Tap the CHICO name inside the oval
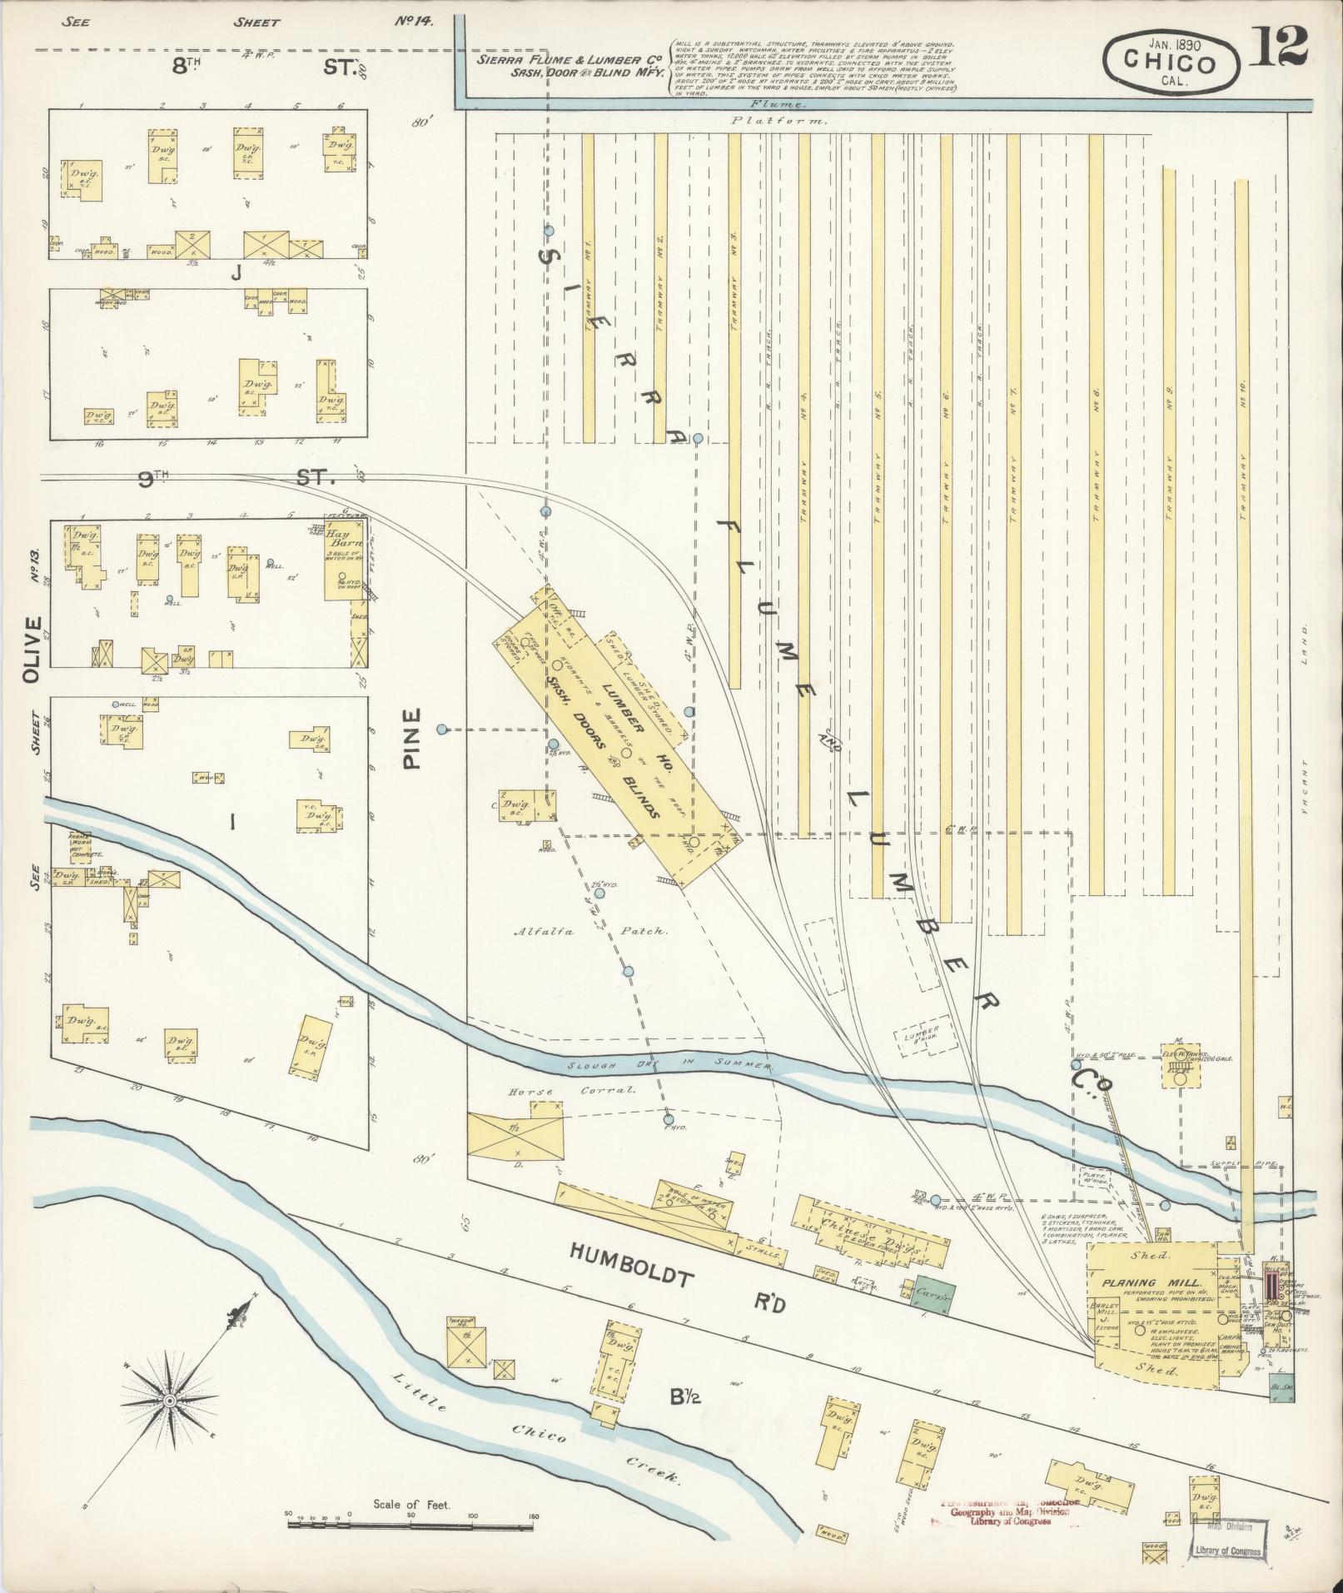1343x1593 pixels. [x=1169, y=62]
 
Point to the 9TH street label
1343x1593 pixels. [x=152, y=479]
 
